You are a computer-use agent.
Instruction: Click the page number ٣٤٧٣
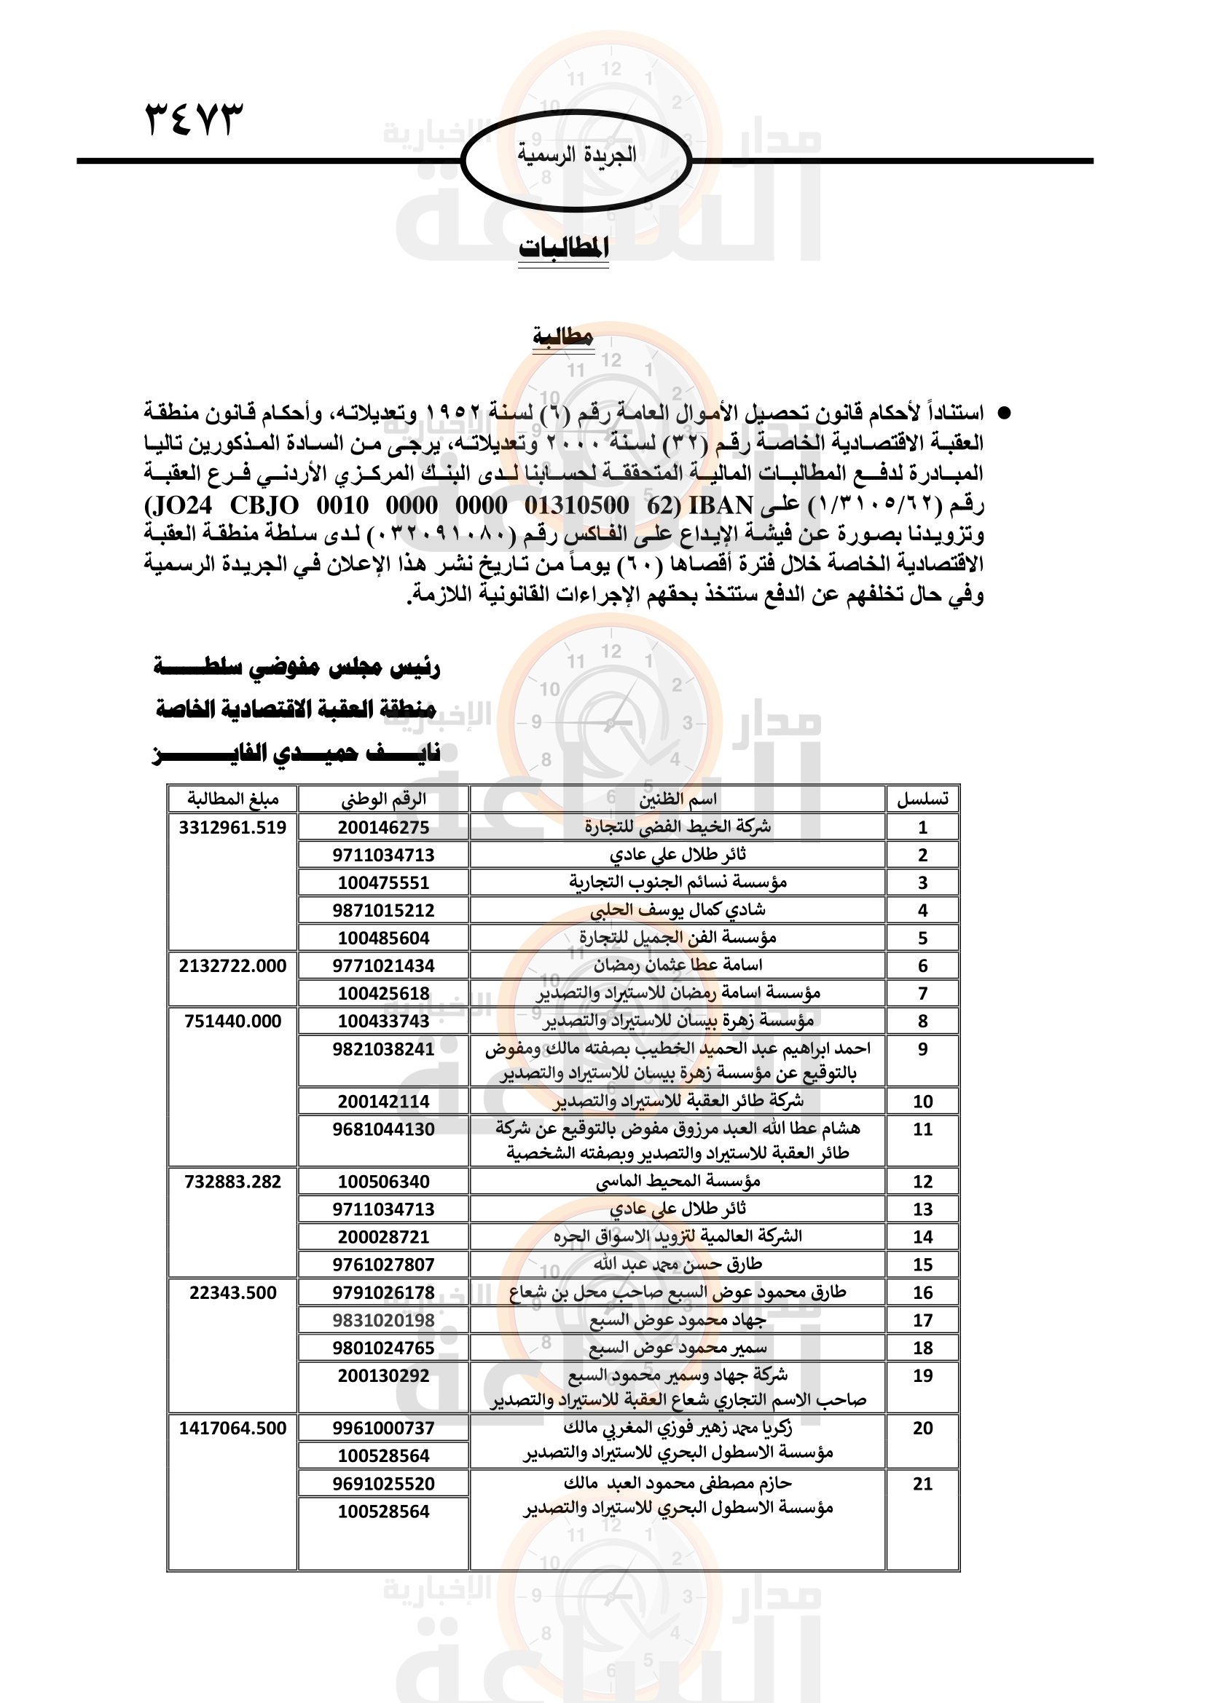click(x=194, y=119)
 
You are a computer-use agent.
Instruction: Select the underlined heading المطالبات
click(x=563, y=248)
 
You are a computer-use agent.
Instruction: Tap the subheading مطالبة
click(x=563, y=338)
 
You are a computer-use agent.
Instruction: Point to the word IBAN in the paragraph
click(x=721, y=506)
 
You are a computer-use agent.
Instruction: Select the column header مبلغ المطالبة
click(x=233, y=799)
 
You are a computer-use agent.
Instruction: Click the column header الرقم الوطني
click(x=383, y=799)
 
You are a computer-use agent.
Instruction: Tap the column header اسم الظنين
click(x=678, y=799)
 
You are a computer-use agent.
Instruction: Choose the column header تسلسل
click(x=922, y=799)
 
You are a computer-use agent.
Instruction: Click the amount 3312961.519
click(x=232, y=827)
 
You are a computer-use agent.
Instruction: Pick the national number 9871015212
click(x=383, y=910)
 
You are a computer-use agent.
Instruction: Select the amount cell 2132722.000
click(x=232, y=965)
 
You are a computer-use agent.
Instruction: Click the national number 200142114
click(x=383, y=1102)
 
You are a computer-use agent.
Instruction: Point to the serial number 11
click(x=922, y=1130)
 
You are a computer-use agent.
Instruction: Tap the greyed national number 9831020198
click(x=383, y=1320)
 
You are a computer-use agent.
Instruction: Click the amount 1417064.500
click(x=232, y=1429)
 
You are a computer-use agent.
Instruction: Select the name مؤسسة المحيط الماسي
click(x=678, y=1182)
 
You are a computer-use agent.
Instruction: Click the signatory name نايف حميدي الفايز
click(x=297, y=754)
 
